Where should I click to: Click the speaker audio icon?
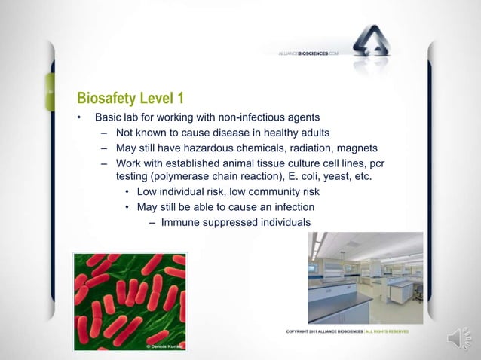click(459, 340)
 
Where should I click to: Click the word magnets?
click(357, 147)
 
